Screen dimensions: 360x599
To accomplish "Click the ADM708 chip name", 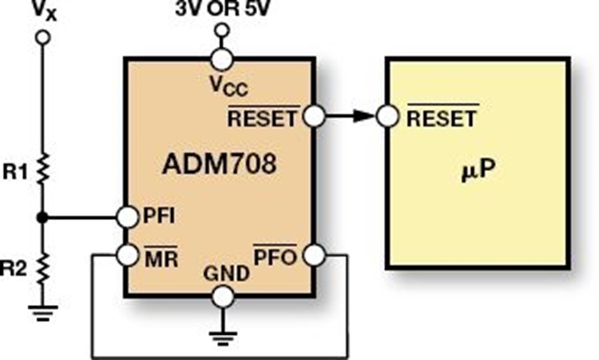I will [x=218, y=164].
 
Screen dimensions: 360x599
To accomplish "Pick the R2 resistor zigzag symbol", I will [x=43, y=270].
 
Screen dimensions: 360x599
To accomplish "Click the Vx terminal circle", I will [x=43, y=38].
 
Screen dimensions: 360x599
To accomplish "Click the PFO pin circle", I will [x=313, y=254].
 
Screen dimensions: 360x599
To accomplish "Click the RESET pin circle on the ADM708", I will [x=313, y=117].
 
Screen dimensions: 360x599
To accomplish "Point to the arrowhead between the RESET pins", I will [x=361, y=117].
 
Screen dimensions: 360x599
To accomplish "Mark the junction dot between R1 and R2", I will [x=43, y=217].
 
